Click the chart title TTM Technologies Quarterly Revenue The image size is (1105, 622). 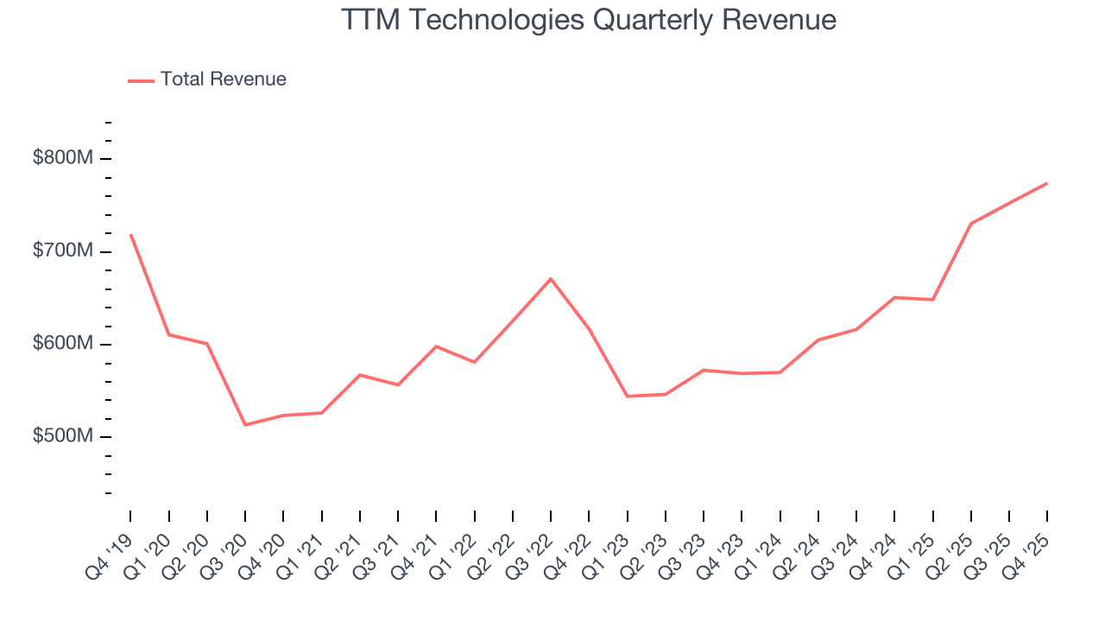coord(589,19)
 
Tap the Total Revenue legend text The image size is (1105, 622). coord(223,79)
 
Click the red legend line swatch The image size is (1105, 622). coord(141,80)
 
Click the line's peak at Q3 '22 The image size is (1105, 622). coord(551,278)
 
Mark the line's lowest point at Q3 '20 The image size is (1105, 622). coord(245,425)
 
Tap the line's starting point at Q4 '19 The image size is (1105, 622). coord(130,234)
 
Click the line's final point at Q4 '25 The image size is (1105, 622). coord(1047,183)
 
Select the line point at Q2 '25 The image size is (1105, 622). coord(971,224)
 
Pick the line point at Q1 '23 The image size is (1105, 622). coord(628,397)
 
